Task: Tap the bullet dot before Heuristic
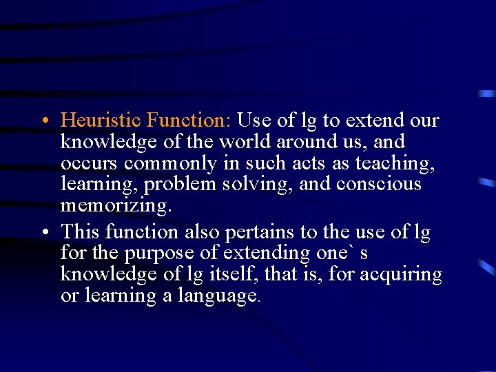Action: tap(43, 121)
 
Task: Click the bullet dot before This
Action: tap(43, 233)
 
